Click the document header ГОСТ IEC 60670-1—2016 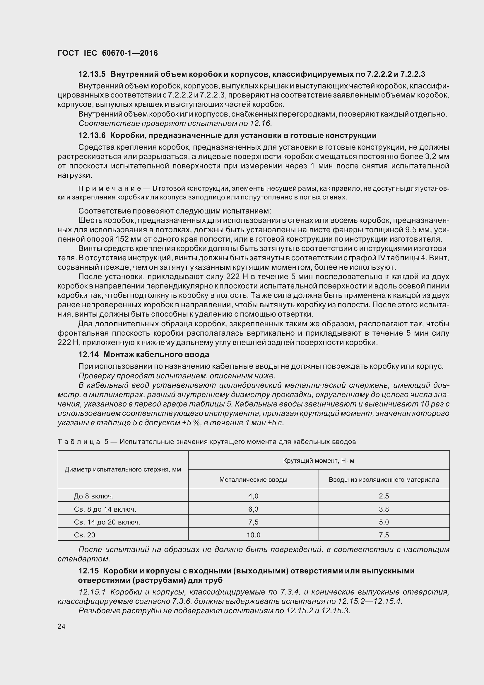108,53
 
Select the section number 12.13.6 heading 92,136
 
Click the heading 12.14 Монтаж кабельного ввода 143,354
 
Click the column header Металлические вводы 253,480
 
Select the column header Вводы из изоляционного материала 384,480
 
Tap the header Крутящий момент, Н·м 319,461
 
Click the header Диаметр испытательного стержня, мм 123,469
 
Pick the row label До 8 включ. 94,496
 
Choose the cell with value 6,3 253,509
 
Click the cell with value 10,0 253,535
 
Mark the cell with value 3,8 384,509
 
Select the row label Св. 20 84,535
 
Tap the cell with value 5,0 384,522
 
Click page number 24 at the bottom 61,626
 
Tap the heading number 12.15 88,571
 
